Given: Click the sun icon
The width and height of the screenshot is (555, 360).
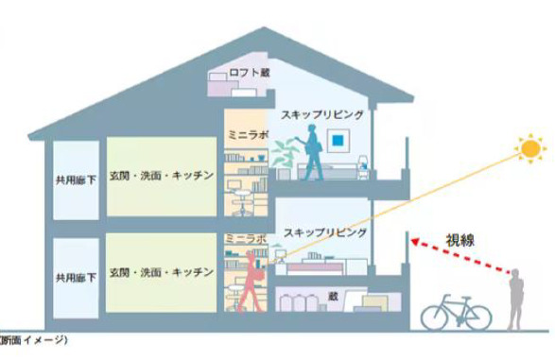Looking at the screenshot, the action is [x=530, y=149].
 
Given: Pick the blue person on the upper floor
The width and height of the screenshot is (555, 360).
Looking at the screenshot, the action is [x=311, y=155].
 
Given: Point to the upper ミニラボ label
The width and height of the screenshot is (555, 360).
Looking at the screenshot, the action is [x=244, y=136].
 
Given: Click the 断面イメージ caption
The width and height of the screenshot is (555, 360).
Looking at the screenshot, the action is [x=34, y=339].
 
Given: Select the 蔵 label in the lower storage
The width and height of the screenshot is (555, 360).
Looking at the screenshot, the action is [x=332, y=295].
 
